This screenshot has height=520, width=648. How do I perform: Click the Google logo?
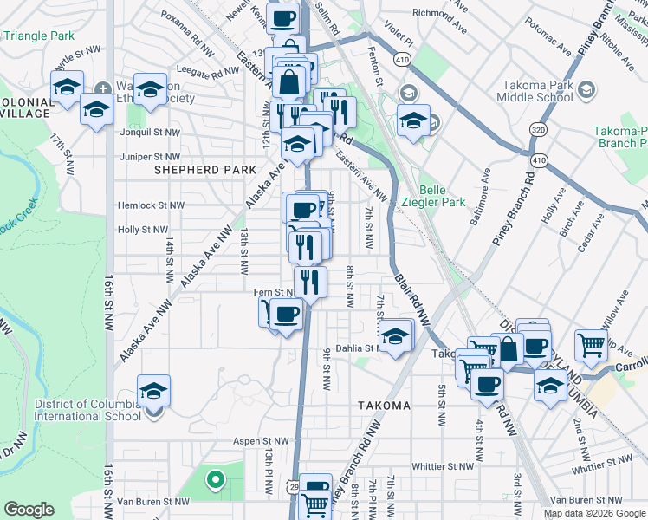tap(29, 510)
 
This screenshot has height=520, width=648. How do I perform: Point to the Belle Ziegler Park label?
tap(442, 196)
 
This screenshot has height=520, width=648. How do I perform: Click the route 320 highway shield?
tap(538, 129)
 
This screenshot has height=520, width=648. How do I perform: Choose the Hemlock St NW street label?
tap(152, 205)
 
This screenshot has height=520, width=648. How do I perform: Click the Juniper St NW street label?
tap(150, 157)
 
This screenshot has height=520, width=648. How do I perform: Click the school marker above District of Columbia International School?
tap(153, 391)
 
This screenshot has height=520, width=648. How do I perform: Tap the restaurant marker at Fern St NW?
tap(309, 282)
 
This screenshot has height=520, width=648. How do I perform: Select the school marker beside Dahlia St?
tap(396, 337)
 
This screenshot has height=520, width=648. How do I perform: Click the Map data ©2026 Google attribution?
tap(595, 513)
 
